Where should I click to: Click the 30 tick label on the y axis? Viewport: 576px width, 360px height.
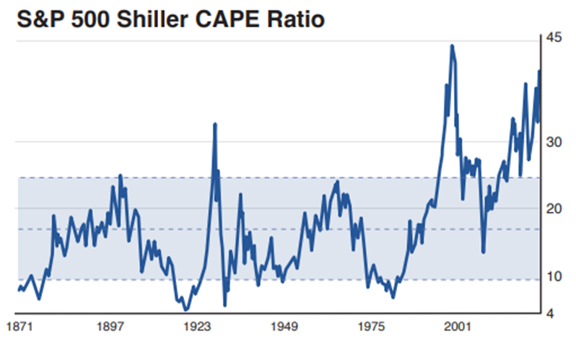pyautogui.click(x=553, y=142)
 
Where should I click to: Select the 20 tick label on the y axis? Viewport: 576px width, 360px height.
pyautogui.click(x=553, y=208)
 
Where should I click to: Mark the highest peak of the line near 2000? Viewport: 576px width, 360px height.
pyautogui.click(x=452, y=46)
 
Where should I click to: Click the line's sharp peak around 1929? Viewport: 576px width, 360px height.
pyautogui.click(x=214, y=124)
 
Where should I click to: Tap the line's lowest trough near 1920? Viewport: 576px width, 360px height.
pyautogui.click(x=186, y=309)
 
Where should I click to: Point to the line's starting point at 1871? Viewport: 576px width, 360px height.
pyautogui.click(x=19, y=290)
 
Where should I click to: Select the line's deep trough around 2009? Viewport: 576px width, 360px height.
pyautogui.click(x=484, y=252)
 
